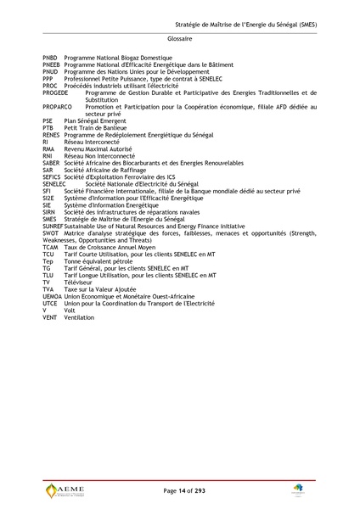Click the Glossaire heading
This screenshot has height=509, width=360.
[x=179, y=39]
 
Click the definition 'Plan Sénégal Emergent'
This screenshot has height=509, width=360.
[x=96, y=121]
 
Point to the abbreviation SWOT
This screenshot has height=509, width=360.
[x=51, y=233]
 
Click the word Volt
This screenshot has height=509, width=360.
[x=70, y=310]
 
